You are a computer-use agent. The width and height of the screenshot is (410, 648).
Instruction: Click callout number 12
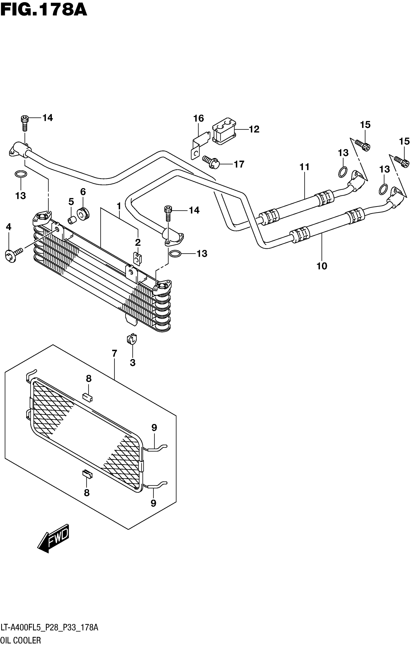pos(253,129)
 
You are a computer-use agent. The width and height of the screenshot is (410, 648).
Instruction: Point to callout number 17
pos(239,164)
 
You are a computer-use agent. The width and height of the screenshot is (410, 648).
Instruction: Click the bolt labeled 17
pos(211,162)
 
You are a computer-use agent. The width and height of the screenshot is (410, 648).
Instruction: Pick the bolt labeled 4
pos(14,253)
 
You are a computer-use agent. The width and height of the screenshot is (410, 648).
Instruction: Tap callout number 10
pos(321,266)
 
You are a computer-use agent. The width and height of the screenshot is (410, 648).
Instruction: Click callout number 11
pos(304,167)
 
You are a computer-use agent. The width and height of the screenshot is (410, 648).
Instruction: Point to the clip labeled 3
pos(132,339)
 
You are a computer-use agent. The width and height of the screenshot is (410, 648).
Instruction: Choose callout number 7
pos(114,353)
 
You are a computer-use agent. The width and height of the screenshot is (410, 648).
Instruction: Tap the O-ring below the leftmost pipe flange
pos(21,174)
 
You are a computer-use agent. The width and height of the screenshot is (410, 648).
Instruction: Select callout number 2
pos(138,243)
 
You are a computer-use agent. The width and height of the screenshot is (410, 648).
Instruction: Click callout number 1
pos(119,206)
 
